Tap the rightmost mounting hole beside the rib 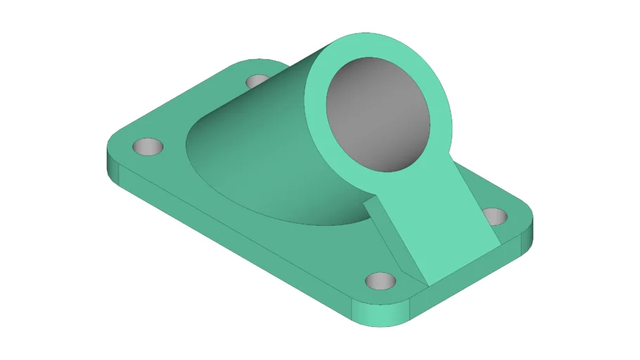[x=494, y=215]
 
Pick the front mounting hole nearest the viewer [x=382, y=281]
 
